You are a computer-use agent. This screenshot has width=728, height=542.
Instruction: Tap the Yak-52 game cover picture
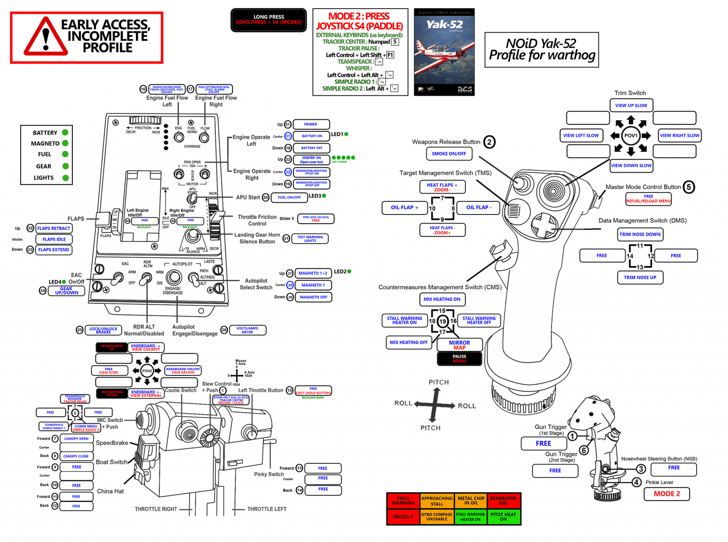tap(444, 52)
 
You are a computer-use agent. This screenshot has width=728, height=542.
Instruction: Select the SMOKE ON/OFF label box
tap(449, 154)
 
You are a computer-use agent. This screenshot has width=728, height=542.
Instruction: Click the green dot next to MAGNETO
tap(65, 143)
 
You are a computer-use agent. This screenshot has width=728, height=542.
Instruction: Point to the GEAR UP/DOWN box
tap(66, 291)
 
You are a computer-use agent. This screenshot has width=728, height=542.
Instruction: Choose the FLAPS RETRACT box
tap(54, 228)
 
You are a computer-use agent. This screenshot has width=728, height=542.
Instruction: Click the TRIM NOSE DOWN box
tap(640, 235)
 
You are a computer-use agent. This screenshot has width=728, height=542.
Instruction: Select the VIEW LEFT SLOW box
tap(581, 135)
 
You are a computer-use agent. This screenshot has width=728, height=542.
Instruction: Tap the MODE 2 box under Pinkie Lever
tap(667, 494)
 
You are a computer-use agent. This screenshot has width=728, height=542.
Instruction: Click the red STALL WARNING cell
tap(403, 501)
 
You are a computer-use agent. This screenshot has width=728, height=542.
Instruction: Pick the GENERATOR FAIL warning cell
tap(503, 501)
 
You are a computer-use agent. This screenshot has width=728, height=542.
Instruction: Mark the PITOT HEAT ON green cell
tap(503, 517)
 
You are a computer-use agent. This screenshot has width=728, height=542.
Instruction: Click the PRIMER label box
tap(311, 124)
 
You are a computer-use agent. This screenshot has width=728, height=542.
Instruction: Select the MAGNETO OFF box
tap(313, 297)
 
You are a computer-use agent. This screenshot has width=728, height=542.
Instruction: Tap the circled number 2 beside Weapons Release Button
tap(489, 142)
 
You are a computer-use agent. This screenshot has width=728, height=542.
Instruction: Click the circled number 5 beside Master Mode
tap(689, 187)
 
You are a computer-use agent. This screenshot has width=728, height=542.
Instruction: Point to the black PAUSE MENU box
tap(459, 359)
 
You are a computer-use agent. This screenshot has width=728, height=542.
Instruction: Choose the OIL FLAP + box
tap(404, 208)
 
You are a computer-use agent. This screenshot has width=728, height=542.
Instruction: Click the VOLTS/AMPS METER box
tap(247, 330)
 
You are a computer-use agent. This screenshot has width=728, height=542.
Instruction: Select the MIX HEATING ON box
tap(442, 299)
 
